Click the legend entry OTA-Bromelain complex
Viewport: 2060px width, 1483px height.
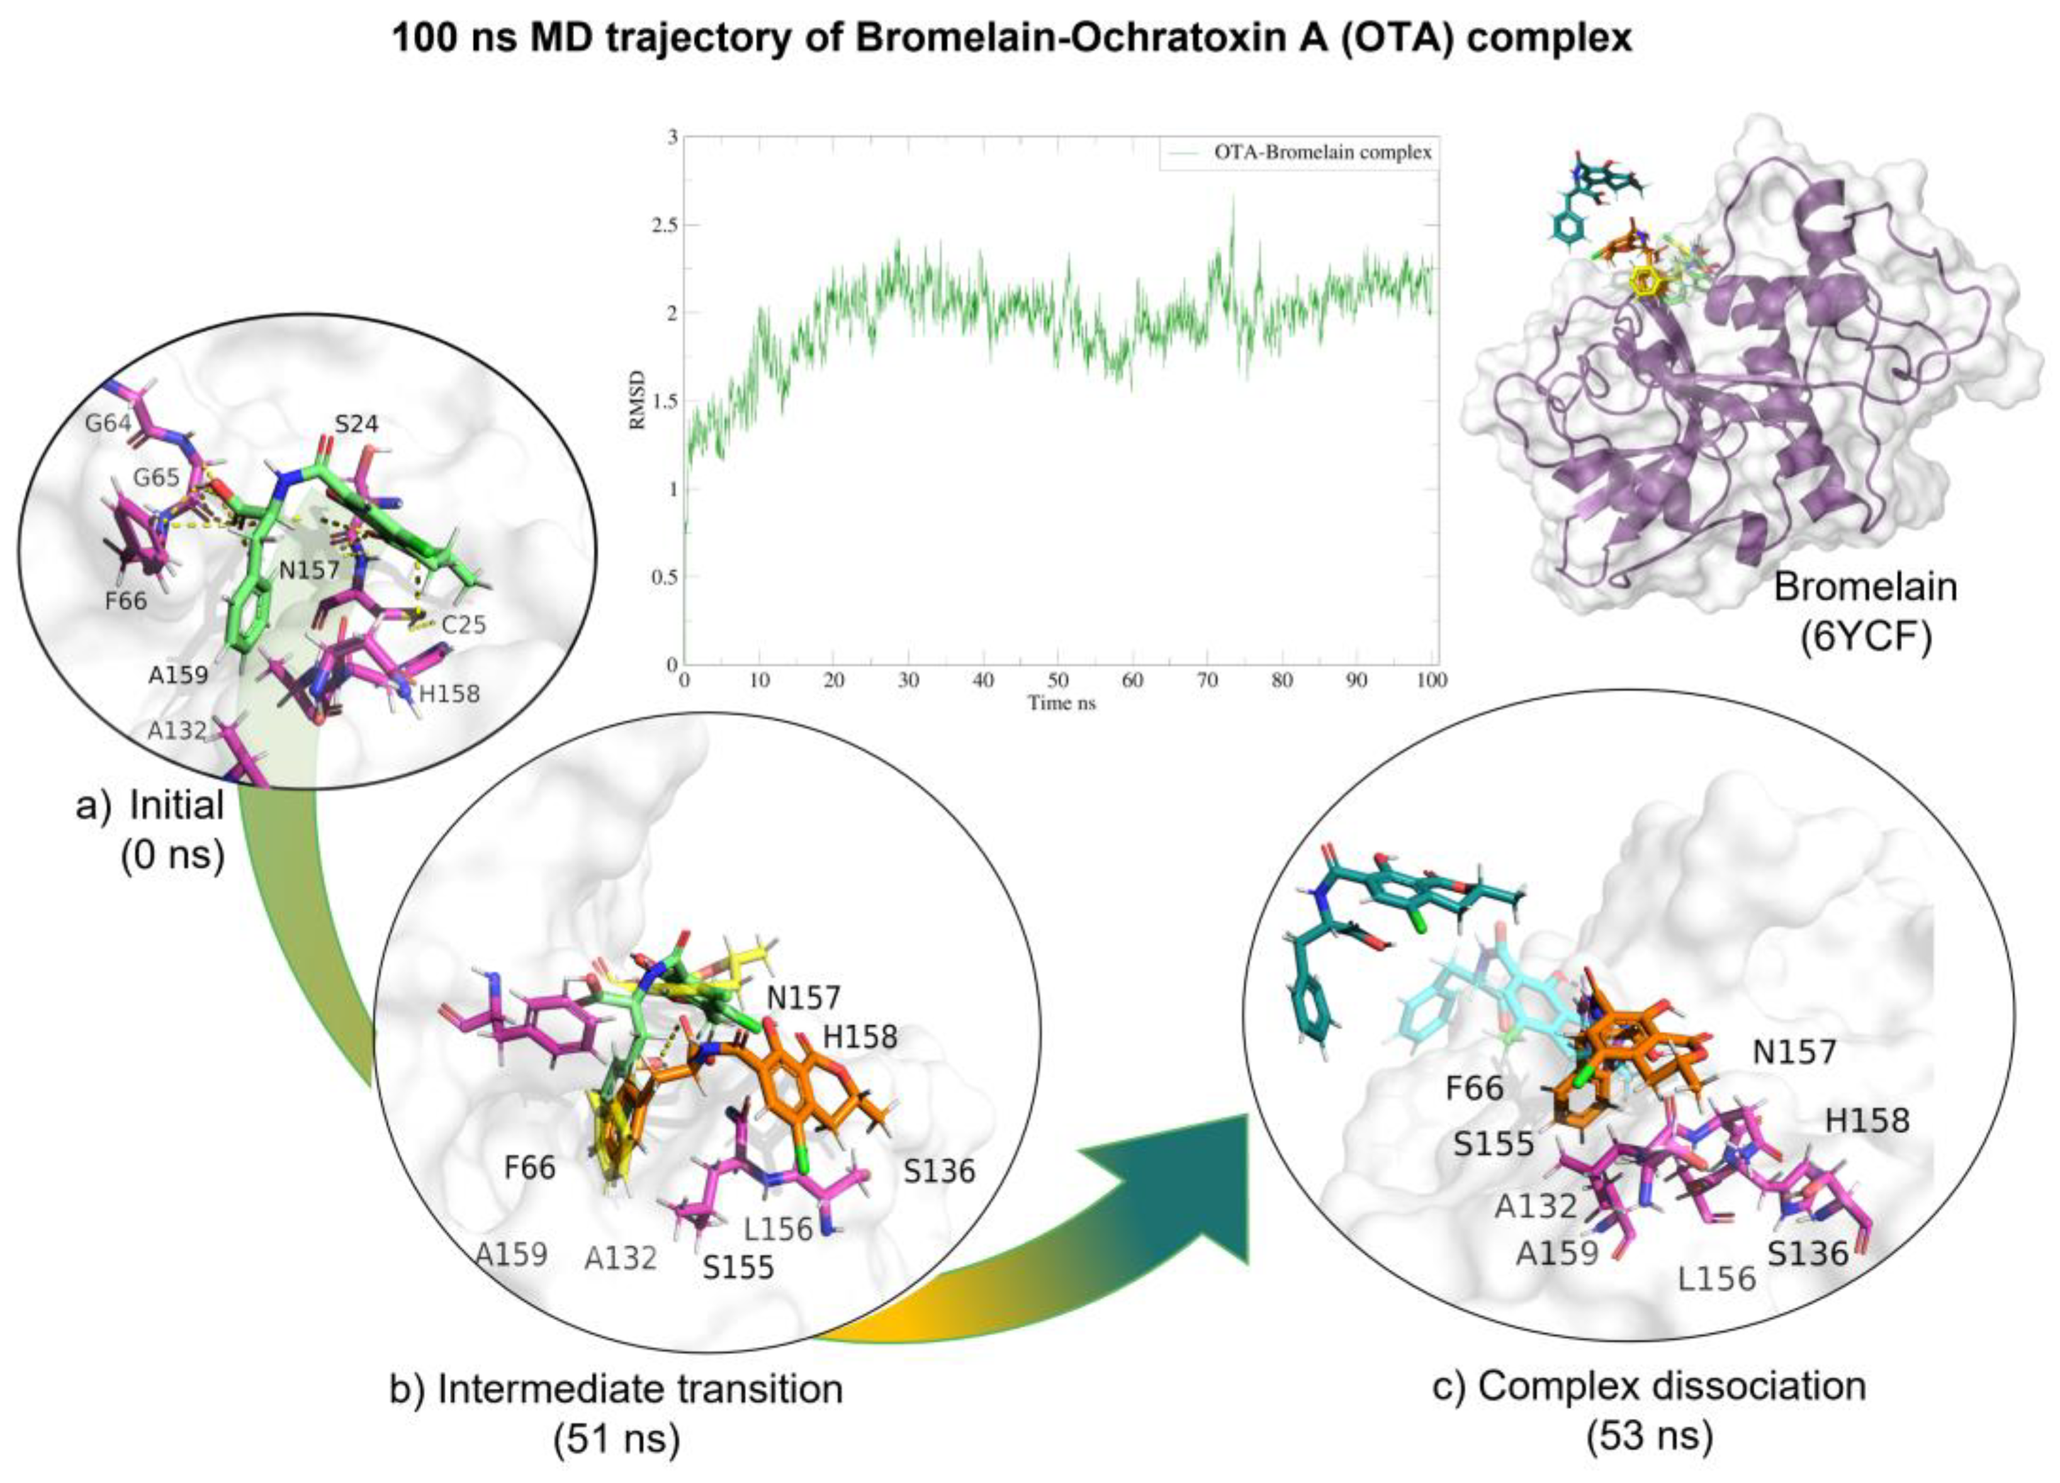point(1322,152)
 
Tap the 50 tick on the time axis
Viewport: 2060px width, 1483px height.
point(1057,680)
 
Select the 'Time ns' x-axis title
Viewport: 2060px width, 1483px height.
point(1061,702)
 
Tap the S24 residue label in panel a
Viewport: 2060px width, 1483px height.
point(356,424)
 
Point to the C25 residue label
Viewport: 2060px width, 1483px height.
point(463,624)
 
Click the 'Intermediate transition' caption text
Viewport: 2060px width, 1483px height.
point(640,1389)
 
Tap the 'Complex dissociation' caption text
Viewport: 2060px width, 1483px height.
point(1671,1386)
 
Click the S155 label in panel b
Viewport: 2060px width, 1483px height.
point(738,1267)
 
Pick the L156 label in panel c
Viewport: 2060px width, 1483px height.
point(1717,1279)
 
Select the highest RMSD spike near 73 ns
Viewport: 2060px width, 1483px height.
point(1232,195)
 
